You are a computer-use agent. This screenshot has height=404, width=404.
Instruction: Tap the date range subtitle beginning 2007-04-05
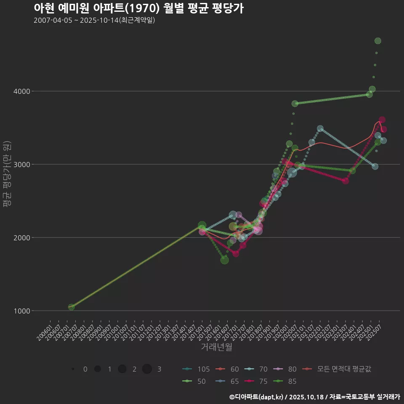tap(94, 20)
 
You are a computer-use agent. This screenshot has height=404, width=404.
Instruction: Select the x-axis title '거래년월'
tap(216, 347)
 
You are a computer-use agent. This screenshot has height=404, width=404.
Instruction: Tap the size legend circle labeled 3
tap(147, 369)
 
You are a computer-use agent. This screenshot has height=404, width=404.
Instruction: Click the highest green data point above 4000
tap(377, 41)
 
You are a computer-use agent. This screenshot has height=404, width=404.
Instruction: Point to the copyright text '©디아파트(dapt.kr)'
tap(256, 397)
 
